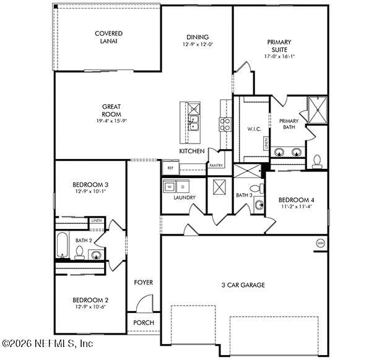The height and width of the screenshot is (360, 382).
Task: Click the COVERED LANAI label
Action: tap(108, 37)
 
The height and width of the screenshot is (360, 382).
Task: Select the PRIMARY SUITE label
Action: tap(279, 46)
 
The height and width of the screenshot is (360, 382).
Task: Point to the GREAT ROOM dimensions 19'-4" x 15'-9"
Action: tap(111, 122)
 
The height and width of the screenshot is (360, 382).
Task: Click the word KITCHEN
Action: tap(192, 151)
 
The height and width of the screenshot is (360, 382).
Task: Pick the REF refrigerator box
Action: tap(170, 168)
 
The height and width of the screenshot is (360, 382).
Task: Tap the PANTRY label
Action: tap(216, 166)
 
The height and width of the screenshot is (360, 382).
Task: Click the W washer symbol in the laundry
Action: tap(169, 186)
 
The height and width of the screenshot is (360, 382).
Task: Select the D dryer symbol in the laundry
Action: tap(183, 186)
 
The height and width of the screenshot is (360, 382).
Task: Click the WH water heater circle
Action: tap(320, 242)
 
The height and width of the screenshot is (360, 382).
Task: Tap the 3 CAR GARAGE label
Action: tap(243, 285)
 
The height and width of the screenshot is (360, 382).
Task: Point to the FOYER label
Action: tap(144, 283)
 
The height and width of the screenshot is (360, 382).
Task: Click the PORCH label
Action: tap(144, 323)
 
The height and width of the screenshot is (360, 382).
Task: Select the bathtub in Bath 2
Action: tap(62, 245)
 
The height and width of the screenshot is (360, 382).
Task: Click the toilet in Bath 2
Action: tap(79, 252)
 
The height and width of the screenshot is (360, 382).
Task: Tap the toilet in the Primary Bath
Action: tap(318, 162)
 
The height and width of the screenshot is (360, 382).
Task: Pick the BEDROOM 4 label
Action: tap(296, 200)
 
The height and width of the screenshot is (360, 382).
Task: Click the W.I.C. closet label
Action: tap(254, 129)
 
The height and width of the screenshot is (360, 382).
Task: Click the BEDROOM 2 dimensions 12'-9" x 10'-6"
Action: tap(90, 307)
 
